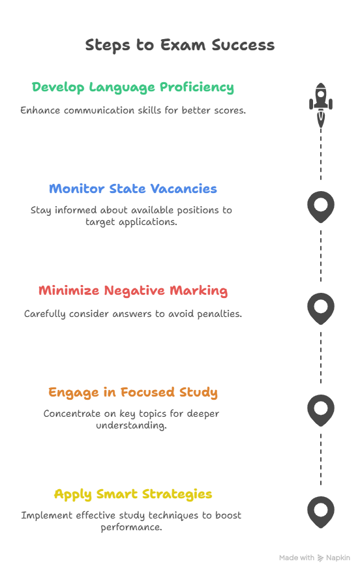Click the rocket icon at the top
tap(321, 104)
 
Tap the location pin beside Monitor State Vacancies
tap(321, 207)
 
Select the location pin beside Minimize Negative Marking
tap(321, 308)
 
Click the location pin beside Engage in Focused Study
tap(321, 410)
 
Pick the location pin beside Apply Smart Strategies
tap(321, 512)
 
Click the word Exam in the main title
tap(183, 45)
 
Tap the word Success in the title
tap(243, 45)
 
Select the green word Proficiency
tap(197, 87)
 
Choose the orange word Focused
tap(147, 392)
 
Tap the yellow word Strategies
tap(177, 494)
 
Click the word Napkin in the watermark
tap(338, 558)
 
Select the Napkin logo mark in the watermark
tap(320, 558)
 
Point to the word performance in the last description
tap(131, 528)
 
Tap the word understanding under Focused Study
tap(131, 425)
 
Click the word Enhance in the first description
tap(40, 110)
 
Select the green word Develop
tap(58, 87)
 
